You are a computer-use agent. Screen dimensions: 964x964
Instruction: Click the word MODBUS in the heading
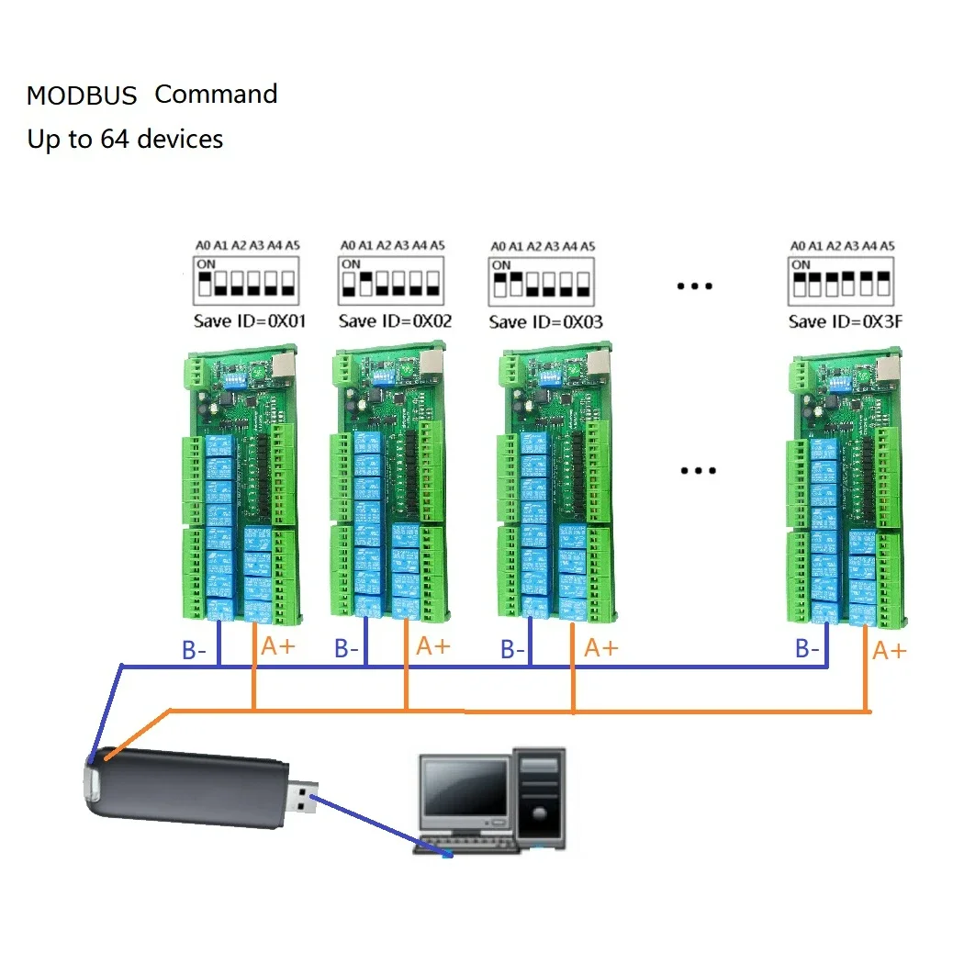82,95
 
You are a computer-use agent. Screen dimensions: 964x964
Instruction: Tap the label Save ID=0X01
250,321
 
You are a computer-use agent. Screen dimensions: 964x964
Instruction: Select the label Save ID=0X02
395,321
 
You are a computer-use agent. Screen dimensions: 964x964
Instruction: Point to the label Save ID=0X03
545,322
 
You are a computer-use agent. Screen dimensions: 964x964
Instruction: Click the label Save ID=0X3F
845,321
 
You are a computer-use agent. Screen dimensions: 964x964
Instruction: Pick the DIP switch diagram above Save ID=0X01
245,279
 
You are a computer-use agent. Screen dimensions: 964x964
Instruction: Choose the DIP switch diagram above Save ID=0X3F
841,280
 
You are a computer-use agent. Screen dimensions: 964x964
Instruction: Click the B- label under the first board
195,651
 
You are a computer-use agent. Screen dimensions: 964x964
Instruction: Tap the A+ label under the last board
889,651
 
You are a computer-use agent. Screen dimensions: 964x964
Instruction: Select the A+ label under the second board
433,646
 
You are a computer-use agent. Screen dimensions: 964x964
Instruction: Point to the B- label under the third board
512,650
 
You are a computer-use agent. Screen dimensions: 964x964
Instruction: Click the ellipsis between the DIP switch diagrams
694,286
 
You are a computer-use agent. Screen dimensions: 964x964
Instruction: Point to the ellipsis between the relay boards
698,471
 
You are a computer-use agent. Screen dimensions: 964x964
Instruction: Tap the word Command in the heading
216,95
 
